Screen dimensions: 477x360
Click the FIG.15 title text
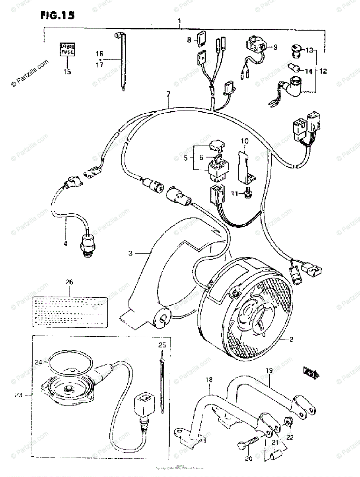(x=57, y=16)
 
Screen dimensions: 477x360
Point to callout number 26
(x=70, y=282)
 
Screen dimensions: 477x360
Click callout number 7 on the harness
(x=168, y=94)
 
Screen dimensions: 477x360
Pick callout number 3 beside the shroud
(x=130, y=253)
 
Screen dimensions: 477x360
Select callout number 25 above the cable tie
(x=162, y=345)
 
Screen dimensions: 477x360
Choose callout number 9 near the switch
(x=274, y=47)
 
